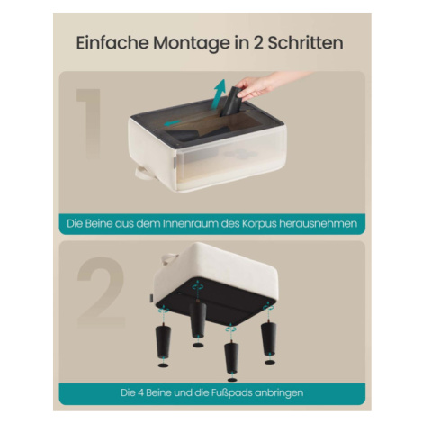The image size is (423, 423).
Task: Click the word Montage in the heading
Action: point(192,44)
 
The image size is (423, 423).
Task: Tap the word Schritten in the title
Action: point(305,43)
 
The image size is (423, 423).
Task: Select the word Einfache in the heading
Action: point(112,43)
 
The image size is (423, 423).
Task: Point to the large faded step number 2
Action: point(101,292)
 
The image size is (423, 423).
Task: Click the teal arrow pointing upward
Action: point(218,93)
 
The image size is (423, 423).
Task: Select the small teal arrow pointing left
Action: point(172,123)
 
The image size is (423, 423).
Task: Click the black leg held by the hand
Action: point(231,101)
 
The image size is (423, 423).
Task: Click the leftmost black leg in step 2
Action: point(163,341)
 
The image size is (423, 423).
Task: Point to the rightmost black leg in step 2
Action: point(269,338)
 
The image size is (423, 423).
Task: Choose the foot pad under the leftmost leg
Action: point(163,365)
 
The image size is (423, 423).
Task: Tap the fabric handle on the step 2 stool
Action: point(170,258)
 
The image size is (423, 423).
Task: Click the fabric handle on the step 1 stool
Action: point(145,173)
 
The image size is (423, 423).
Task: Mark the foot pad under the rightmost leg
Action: point(270,362)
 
